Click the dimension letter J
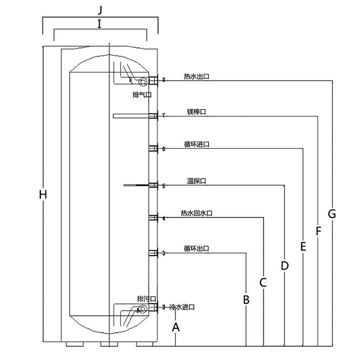pyautogui.click(x=100, y=9)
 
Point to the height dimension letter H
pyautogui.click(x=43, y=195)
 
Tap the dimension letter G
pyautogui.click(x=332, y=214)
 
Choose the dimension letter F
pyautogui.click(x=318, y=232)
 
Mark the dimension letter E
pyautogui.click(x=303, y=246)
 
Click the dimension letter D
pyautogui.click(x=284, y=265)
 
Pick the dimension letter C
pyautogui.click(x=263, y=283)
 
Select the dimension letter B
pyautogui.click(x=246, y=299)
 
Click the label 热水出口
pyautogui.click(x=196, y=77)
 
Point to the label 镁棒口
pyautogui.click(x=196, y=111)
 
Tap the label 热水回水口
pyautogui.click(x=196, y=213)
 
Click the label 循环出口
pyautogui.click(x=196, y=248)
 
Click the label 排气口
pyautogui.click(x=142, y=95)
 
